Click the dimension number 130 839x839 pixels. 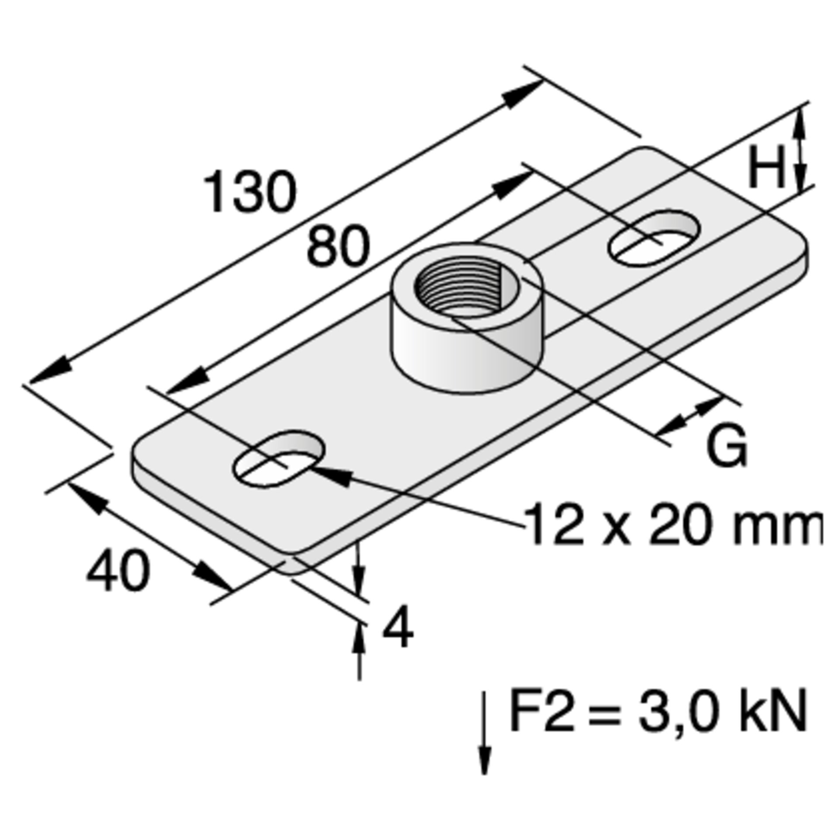point(251,192)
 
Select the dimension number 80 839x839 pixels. point(338,246)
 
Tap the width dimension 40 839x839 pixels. point(118,572)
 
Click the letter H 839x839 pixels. point(767,166)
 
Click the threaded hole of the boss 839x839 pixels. point(466,289)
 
